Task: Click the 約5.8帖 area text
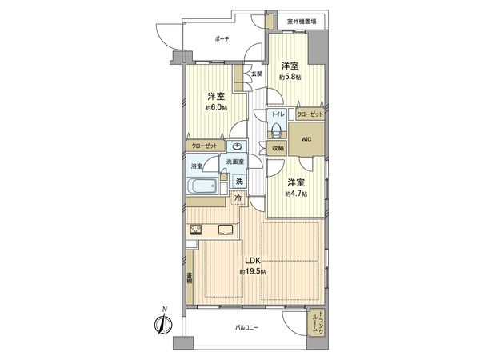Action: click(x=290, y=77)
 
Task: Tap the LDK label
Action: click(x=251, y=261)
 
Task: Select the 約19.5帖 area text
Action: click(x=251, y=272)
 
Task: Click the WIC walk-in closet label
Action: click(x=307, y=138)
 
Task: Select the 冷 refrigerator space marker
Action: click(x=238, y=198)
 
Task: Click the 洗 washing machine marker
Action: click(x=239, y=181)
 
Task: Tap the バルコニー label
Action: click(x=245, y=328)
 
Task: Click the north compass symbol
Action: click(x=162, y=323)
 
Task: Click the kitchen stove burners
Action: click(x=195, y=231)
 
